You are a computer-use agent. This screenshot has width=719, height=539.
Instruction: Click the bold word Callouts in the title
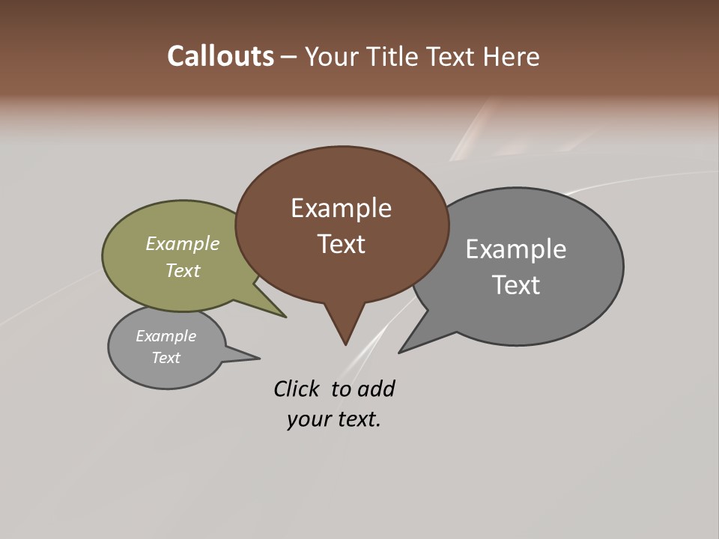[x=220, y=56]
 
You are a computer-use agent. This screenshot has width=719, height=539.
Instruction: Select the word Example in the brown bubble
[x=341, y=208]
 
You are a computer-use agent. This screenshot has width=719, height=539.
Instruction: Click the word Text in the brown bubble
[x=341, y=244]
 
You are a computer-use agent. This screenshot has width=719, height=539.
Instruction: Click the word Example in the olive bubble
[x=183, y=244]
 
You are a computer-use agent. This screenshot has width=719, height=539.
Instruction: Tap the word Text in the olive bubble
[x=183, y=271]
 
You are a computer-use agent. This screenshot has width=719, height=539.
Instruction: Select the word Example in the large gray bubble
[x=516, y=249]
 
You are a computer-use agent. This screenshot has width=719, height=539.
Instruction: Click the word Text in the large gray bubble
[x=516, y=285]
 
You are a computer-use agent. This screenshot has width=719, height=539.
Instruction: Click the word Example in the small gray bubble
[x=166, y=336]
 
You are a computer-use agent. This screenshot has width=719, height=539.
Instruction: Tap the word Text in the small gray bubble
[x=166, y=358]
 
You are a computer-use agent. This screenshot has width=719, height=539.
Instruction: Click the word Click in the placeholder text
[x=296, y=389]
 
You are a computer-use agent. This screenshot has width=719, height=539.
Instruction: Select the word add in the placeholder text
[x=376, y=389]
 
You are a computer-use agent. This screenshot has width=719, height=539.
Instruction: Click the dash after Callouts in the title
[x=289, y=57]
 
